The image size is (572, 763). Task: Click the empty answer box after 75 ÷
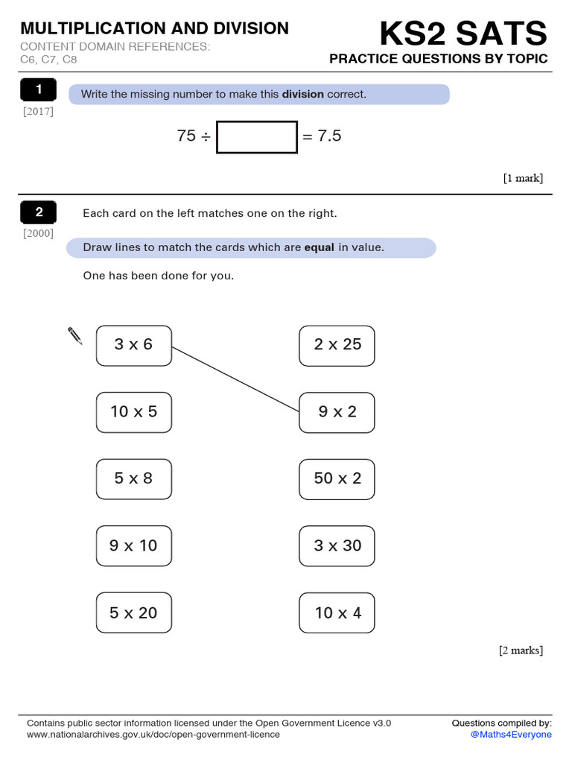point(257,137)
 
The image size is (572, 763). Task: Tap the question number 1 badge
point(39,91)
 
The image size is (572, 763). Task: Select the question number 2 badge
point(39,213)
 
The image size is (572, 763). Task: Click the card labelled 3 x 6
point(134,345)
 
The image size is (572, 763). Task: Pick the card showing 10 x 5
point(134,412)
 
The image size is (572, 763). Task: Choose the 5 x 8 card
point(134,479)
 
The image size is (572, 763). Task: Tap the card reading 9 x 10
point(134,546)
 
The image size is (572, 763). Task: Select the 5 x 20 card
point(134,613)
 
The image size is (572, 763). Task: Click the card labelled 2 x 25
point(337,345)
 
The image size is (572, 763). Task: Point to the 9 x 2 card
point(337,412)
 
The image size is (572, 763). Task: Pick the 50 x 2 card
point(337,479)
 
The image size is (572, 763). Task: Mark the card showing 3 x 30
point(337,546)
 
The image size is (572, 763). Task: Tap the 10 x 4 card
point(337,613)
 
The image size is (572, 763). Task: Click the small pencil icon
point(75,335)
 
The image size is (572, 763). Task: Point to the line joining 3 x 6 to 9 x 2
point(235,379)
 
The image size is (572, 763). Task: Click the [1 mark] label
point(523,178)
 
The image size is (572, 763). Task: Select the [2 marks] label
point(521,650)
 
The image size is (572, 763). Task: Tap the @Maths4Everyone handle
point(511,735)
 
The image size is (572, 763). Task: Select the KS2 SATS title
point(463,34)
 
